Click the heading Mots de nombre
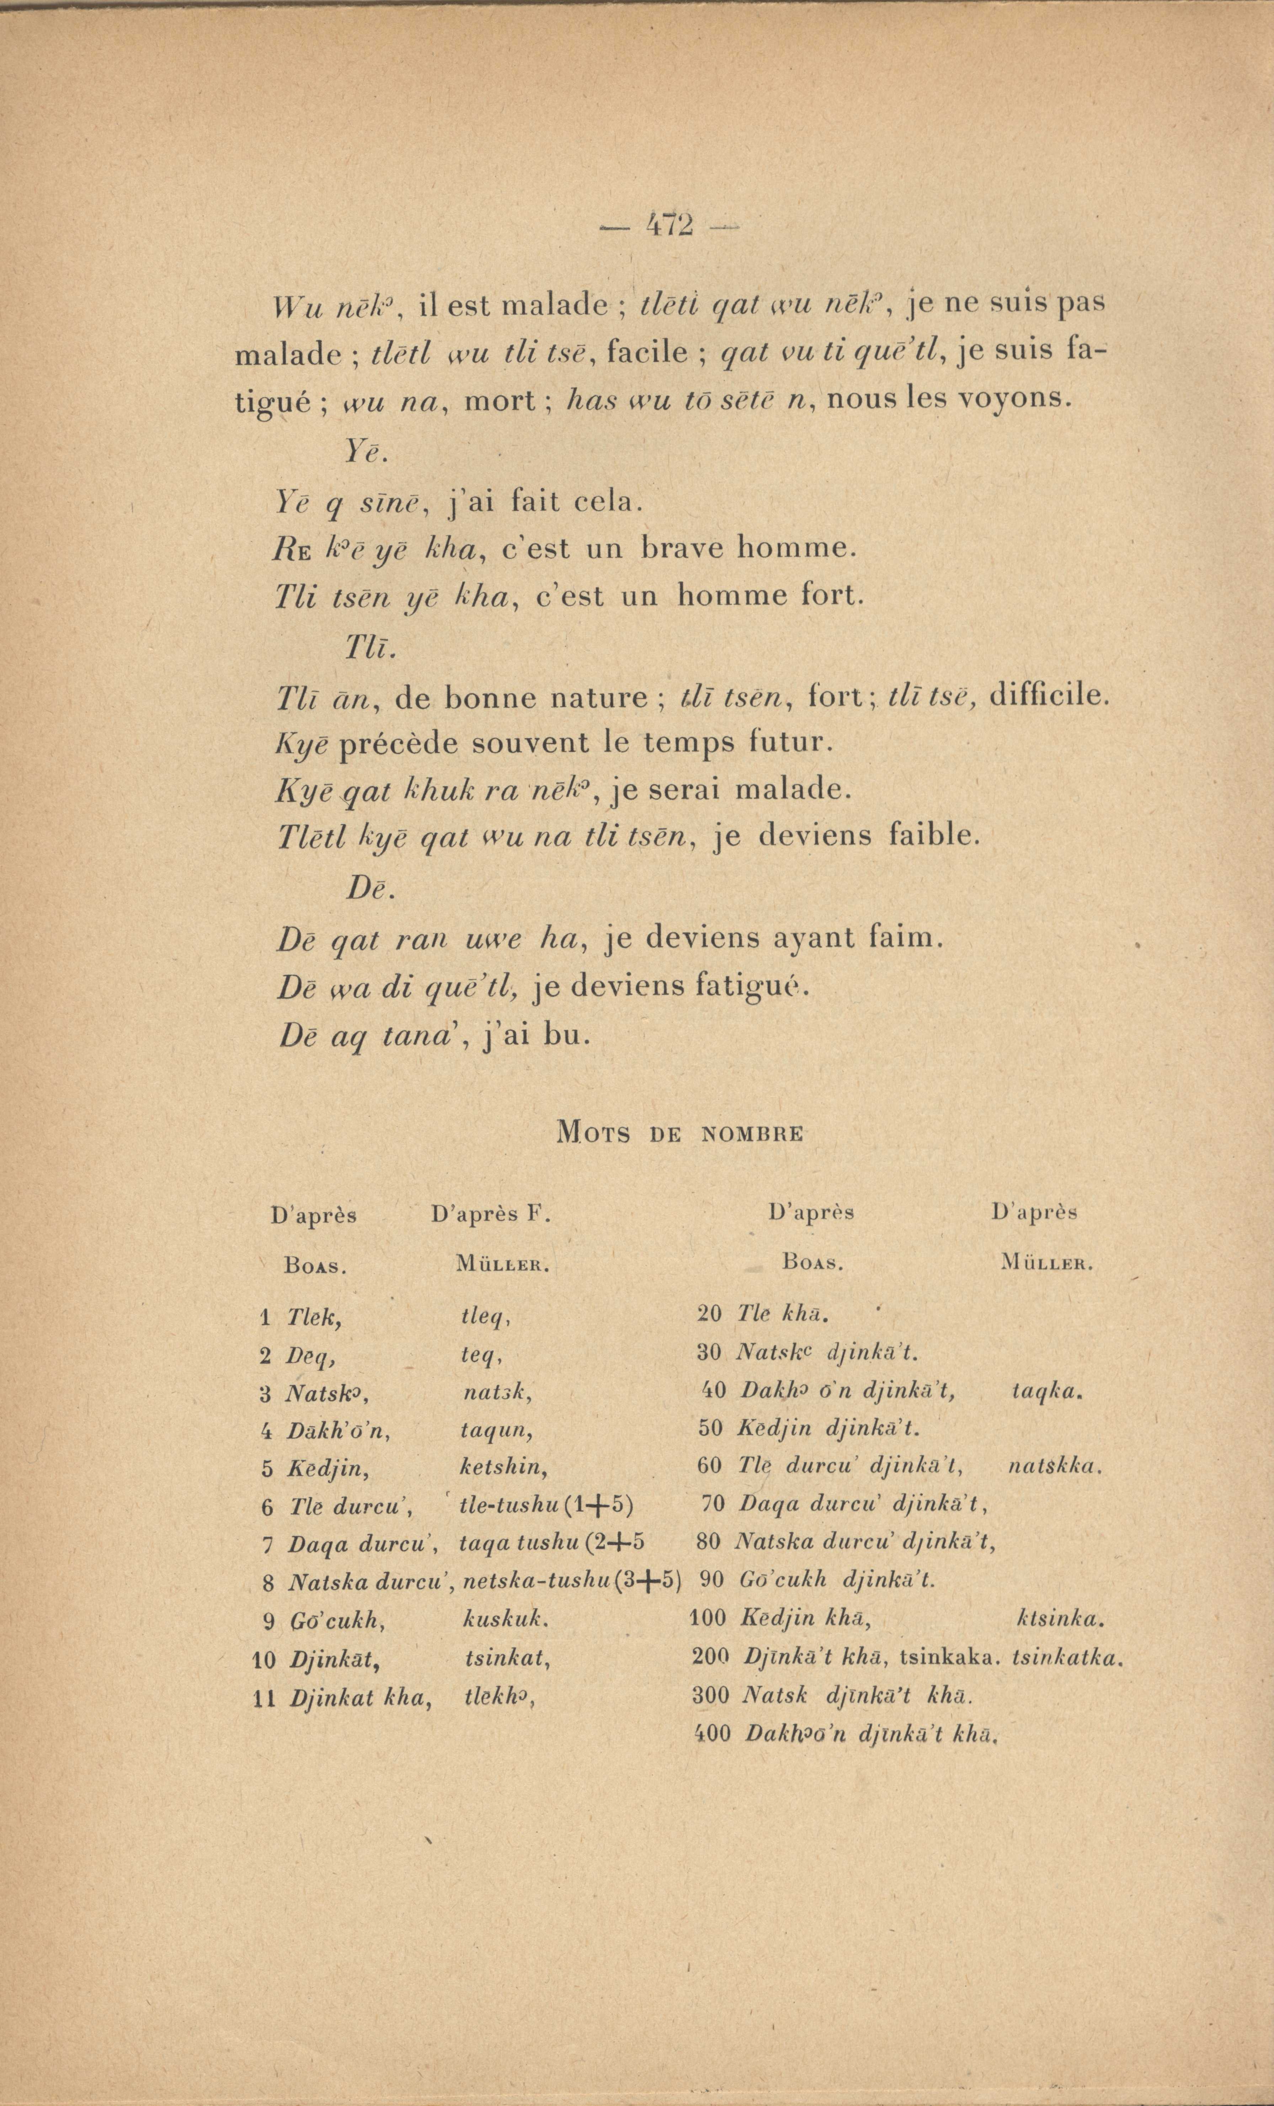[679, 1134]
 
